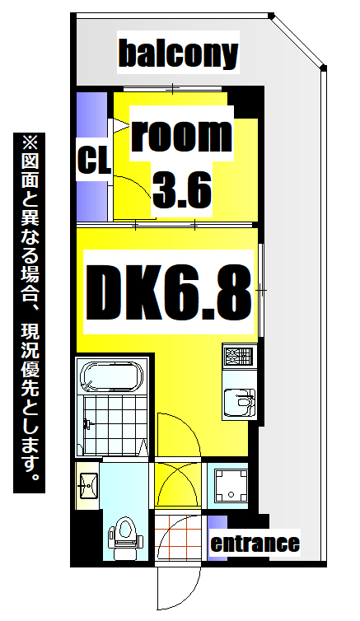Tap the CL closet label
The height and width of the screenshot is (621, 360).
[93, 160]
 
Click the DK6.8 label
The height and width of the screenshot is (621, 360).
[169, 292]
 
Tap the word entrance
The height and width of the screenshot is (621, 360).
[255, 544]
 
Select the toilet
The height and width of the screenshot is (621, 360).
[124, 533]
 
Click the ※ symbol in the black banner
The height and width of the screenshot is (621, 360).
[30, 142]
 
